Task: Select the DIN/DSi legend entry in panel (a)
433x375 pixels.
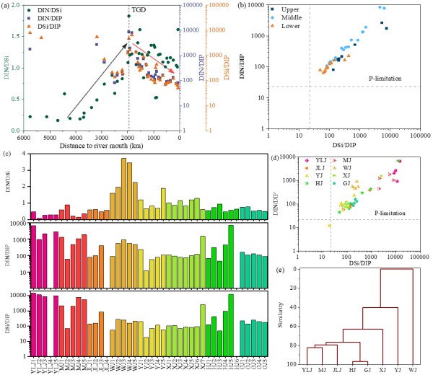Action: click(x=48, y=9)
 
